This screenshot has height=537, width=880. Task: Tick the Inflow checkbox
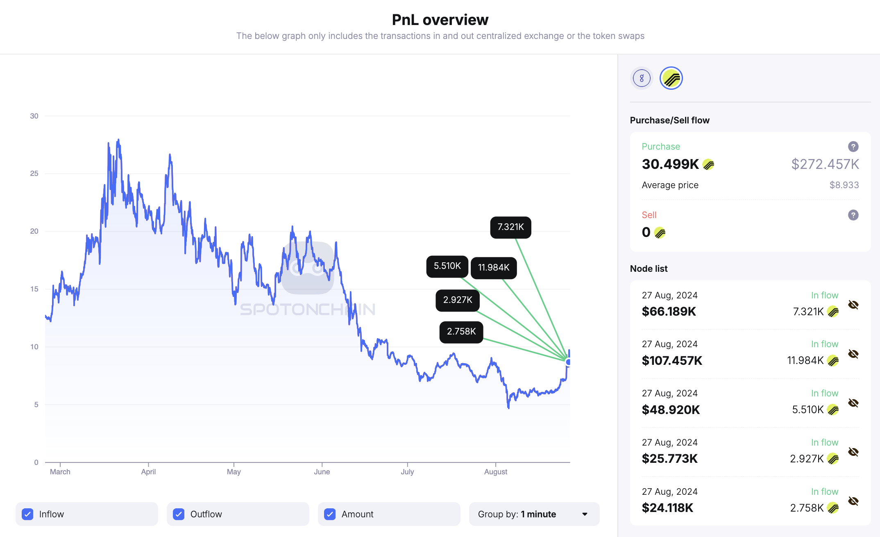point(27,514)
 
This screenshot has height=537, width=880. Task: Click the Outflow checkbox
point(179,514)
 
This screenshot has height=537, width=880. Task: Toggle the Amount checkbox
point(330,514)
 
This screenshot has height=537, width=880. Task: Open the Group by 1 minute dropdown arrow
point(585,514)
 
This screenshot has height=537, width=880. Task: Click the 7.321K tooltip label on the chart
point(510,227)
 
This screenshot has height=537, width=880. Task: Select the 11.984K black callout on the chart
point(494,268)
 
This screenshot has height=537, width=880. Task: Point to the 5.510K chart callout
point(447,266)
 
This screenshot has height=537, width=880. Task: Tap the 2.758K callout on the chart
point(461,332)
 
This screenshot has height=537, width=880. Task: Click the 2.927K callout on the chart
point(458,300)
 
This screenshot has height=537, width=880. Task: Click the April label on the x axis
point(148,472)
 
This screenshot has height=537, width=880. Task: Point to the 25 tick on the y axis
point(34,173)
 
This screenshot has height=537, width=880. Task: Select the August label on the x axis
point(495,472)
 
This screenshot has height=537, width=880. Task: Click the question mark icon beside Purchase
point(853,146)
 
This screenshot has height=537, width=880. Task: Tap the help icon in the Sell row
point(853,215)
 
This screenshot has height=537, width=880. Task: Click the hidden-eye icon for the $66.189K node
point(853,305)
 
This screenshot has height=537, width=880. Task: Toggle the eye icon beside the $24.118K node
point(853,501)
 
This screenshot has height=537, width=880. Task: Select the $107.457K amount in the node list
point(672,361)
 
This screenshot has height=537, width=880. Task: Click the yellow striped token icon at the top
point(671,78)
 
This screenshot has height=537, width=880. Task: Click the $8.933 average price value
point(844,185)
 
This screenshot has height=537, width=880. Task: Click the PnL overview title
point(440,20)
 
